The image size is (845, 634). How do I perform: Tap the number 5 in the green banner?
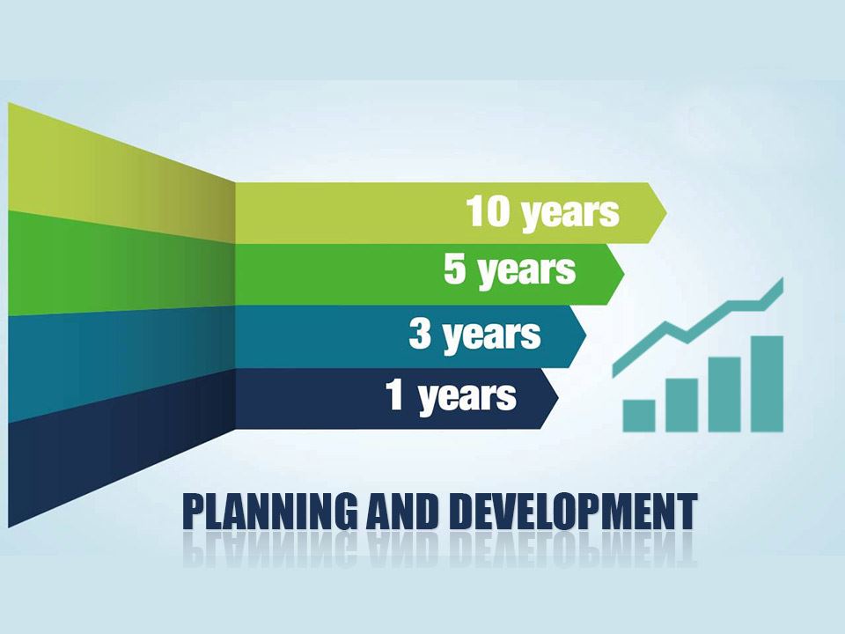click(x=455, y=269)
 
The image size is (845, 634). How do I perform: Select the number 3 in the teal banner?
click(x=421, y=335)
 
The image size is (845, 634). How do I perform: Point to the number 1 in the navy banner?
click(x=395, y=396)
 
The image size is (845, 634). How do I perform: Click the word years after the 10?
click(x=569, y=214)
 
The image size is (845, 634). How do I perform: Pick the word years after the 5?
click(x=526, y=271)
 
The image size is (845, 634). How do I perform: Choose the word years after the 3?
click(x=491, y=335)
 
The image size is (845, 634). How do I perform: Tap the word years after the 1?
click(x=467, y=397)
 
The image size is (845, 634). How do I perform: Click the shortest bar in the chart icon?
click(x=639, y=415)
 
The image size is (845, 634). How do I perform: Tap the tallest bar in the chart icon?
click(x=767, y=383)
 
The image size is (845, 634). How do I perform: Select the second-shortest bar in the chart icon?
click(x=681, y=404)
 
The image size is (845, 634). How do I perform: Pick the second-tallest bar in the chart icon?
click(x=724, y=394)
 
